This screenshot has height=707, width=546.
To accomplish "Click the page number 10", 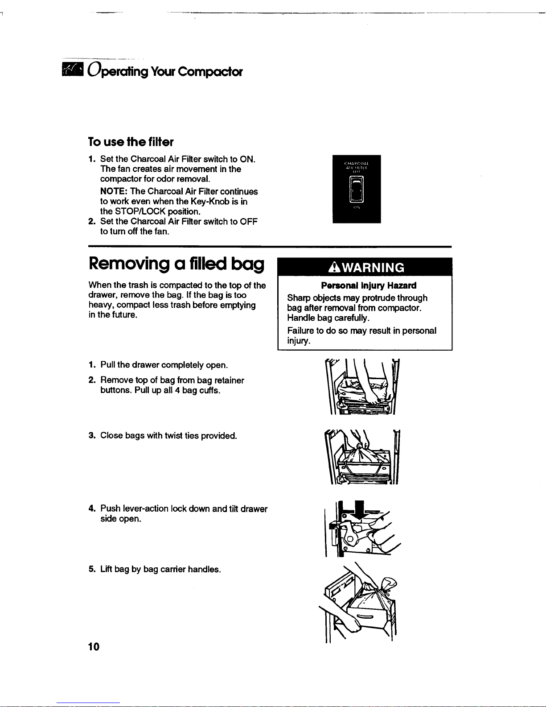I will pos(94,647).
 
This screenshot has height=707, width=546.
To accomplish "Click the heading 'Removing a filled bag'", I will pos(177,264).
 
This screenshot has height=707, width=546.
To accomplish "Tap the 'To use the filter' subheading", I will pos(131,142).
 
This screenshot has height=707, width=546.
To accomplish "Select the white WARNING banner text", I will pos(372,268).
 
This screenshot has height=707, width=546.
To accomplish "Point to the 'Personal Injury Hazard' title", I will pos(369,285).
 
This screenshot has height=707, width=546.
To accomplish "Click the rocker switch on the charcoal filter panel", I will pos(357,189).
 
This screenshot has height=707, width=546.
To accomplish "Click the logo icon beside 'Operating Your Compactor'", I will pos(73,70).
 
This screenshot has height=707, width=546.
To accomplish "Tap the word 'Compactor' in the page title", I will pos(210,72).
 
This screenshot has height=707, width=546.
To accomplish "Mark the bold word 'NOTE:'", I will pos(114,191).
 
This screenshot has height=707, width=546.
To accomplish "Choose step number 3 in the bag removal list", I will pos(91,435).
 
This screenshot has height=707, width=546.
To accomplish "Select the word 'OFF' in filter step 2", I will pos(249,222).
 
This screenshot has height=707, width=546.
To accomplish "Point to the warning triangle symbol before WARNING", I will pos(333,268).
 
